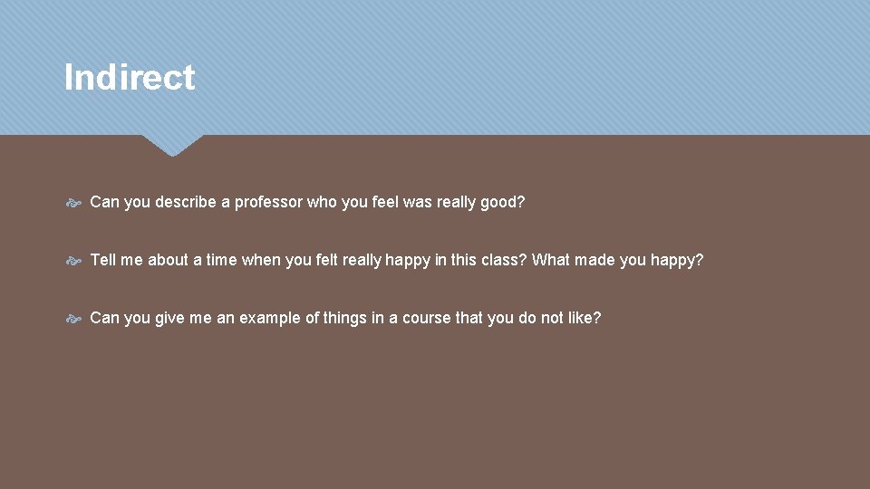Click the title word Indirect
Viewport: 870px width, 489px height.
pos(130,78)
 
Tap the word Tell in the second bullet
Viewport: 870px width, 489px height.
pos(103,260)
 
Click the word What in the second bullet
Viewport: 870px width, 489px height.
pos(551,260)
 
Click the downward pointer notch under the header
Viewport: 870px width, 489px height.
pos(172,145)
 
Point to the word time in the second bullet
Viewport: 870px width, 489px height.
pos(221,260)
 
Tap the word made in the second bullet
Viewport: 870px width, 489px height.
pos(594,260)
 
